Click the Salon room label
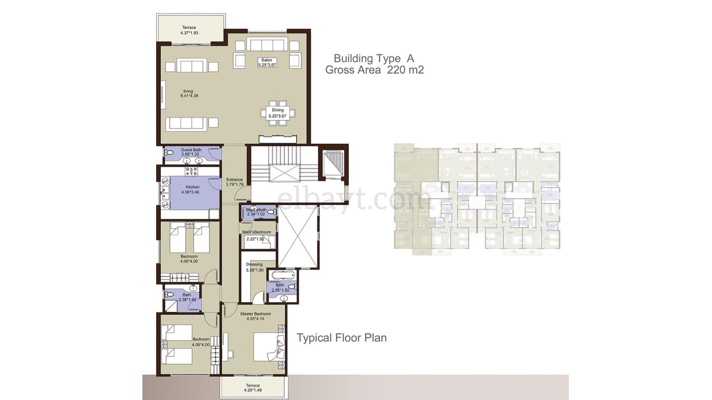point(267,60)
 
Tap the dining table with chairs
point(278,113)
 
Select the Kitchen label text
point(193,187)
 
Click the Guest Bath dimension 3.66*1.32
point(190,154)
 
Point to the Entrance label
point(234,180)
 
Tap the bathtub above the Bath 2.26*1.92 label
point(283,275)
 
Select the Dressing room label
point(254,264)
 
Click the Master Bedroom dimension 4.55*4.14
point(255,319)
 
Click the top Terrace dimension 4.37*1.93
point(189,33)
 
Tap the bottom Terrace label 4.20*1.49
point(253,390)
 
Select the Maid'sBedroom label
point(256,232)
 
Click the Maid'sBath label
point(256,210)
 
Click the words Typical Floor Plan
point(341,338)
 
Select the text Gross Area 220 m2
point(374,70)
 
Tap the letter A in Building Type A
point(410,58)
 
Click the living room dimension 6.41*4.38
point(189,96)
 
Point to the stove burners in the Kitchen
point(192,171)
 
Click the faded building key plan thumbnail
point(477,199)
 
